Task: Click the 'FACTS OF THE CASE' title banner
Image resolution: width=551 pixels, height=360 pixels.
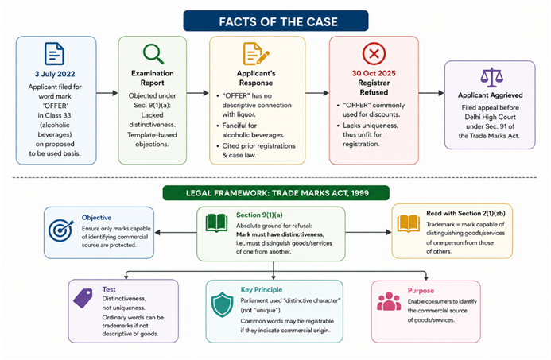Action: pos(276,21)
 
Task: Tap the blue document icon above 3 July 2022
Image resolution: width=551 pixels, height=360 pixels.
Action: pos(55,54)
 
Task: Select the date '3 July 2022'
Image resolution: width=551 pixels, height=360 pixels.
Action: pos(55,74)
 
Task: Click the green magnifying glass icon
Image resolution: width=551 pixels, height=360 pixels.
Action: pos(153,54)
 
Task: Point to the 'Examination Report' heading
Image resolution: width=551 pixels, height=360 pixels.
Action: pos(152,78)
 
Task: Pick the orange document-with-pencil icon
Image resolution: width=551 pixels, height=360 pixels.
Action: pos(256,54)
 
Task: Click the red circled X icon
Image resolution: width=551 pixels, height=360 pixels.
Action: pos(374,54)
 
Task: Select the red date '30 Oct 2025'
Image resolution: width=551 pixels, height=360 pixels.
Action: pos(374,73)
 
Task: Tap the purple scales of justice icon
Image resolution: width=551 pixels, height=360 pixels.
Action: pos(491,77)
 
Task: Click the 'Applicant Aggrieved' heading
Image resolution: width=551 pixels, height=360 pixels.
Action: pos(491,95)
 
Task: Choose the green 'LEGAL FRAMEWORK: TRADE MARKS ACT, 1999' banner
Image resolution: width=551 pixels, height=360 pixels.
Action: pos(276,193)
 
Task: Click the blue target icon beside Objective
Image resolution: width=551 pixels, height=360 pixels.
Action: pos(61,230)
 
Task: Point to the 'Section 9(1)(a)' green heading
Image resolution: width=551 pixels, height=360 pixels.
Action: pos(259,215)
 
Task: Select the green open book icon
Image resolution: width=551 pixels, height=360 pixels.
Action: pos(216,223)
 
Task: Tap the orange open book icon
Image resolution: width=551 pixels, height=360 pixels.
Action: pos(409,223)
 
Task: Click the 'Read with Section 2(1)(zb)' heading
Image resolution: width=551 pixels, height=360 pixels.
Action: pos(466,213)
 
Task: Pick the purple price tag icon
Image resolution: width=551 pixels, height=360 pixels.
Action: pos(83,298)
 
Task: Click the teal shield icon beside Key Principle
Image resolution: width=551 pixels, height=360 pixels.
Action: pos(222,304)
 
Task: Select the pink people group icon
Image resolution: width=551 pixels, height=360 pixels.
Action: pos(389,301)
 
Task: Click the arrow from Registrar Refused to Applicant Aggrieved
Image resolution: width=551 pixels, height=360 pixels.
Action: pos(431,93)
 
